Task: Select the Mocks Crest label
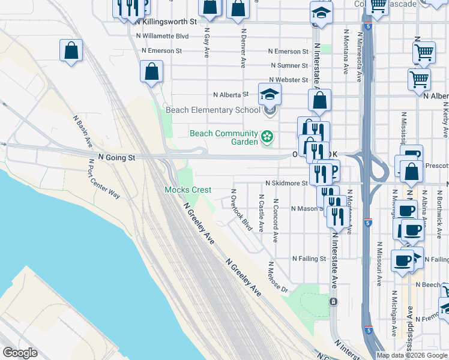188,190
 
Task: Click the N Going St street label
118,158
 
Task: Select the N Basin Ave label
83,131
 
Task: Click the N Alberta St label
231,95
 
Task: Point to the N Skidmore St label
286,184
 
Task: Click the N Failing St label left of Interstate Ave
309,259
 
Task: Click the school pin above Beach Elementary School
270,94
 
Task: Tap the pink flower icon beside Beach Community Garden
267,138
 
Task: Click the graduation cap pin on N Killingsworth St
321,13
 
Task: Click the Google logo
20,353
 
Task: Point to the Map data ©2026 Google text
411,355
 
